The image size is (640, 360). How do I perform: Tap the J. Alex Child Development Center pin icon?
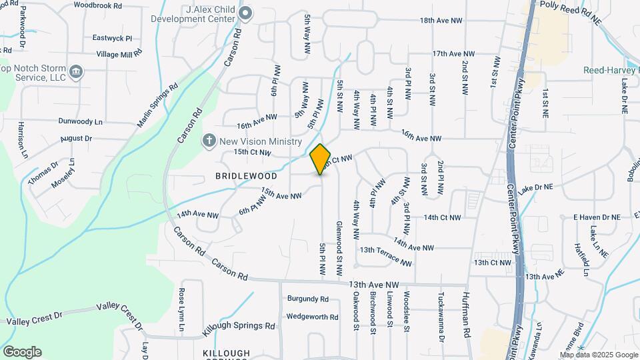[246, 13]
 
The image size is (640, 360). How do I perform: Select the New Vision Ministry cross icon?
[209, 141]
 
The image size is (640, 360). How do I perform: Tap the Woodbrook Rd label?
[98, 5]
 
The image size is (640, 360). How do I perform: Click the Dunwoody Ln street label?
[81, 122]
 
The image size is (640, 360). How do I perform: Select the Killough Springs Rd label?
[242, 326]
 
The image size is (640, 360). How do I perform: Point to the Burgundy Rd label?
[308, 299]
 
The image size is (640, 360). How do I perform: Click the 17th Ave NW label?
[453, 53]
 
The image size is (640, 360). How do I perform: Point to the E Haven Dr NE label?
[597, 217]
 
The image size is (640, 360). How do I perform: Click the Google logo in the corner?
[22, 351]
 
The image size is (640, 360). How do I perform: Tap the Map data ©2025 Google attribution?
[599, 355]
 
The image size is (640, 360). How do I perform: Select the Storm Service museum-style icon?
[76, 71]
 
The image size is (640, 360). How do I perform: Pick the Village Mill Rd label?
[119, 53]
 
